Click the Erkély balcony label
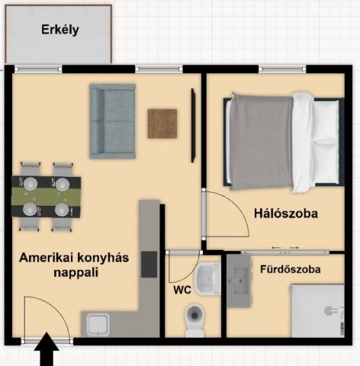[x=60, y=30]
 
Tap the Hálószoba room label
[x=286, y=213]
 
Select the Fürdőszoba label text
[x=291, y=269]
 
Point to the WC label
[x=182, y=290]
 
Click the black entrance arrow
[x=47, y=348]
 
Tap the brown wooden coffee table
[x=162, y=124]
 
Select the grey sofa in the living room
[x=112, y=121]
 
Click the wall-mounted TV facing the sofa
[x=193, y=125]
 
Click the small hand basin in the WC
[x=207, y=279]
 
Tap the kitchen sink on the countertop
[x=98, y=325]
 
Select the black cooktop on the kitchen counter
[x=149, y=264]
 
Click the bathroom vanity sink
[x=239, y=281]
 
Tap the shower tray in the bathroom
[x=317, y=310]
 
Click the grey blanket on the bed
[x=261, y=143]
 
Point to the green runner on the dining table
[x=47, y=196]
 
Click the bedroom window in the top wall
[x=282, y=69]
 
